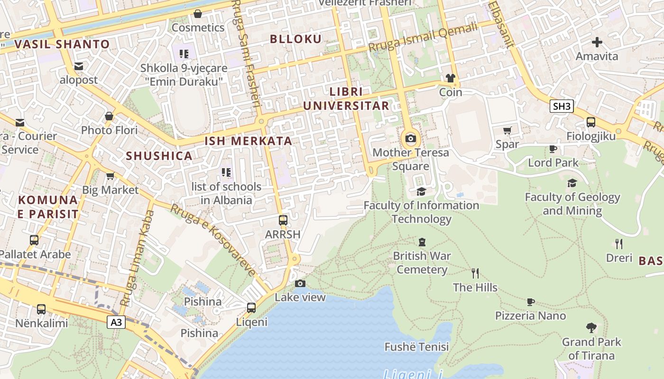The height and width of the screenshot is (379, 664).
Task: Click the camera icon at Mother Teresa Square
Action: tap(411, 139)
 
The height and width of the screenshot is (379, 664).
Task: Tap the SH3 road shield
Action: tap(562, 106)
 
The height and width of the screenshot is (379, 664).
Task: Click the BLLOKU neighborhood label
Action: tap(296, 39)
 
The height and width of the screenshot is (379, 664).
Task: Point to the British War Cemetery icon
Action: tap(422, 242)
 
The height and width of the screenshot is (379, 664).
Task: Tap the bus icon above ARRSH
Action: tap(283, 220)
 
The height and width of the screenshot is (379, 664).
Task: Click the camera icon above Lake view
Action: tap(300, 283)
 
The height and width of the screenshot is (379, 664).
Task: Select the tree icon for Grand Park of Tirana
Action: tap(591, 327)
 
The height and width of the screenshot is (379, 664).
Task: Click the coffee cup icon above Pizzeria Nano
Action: tap(531, 302)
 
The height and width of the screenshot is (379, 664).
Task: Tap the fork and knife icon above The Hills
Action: tap(475, 273)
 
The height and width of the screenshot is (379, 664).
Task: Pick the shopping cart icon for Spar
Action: tap(507, 130)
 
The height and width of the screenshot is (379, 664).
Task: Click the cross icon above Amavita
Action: tap(597, 42)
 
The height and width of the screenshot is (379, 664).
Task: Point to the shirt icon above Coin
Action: tap(450, 78)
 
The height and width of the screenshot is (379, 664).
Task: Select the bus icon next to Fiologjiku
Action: tap(591, 122)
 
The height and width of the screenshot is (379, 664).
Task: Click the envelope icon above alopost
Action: tap(79, 66)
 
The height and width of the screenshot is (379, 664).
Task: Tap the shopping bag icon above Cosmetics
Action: tap(198, 14)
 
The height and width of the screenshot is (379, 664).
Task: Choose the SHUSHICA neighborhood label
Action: tap(159, 156)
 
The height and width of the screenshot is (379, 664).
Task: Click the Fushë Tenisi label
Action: tap(416, 347)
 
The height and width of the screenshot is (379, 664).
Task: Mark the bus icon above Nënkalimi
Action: tap(41, 309)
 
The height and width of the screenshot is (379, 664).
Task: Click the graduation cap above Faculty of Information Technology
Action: tap(421, 191)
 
